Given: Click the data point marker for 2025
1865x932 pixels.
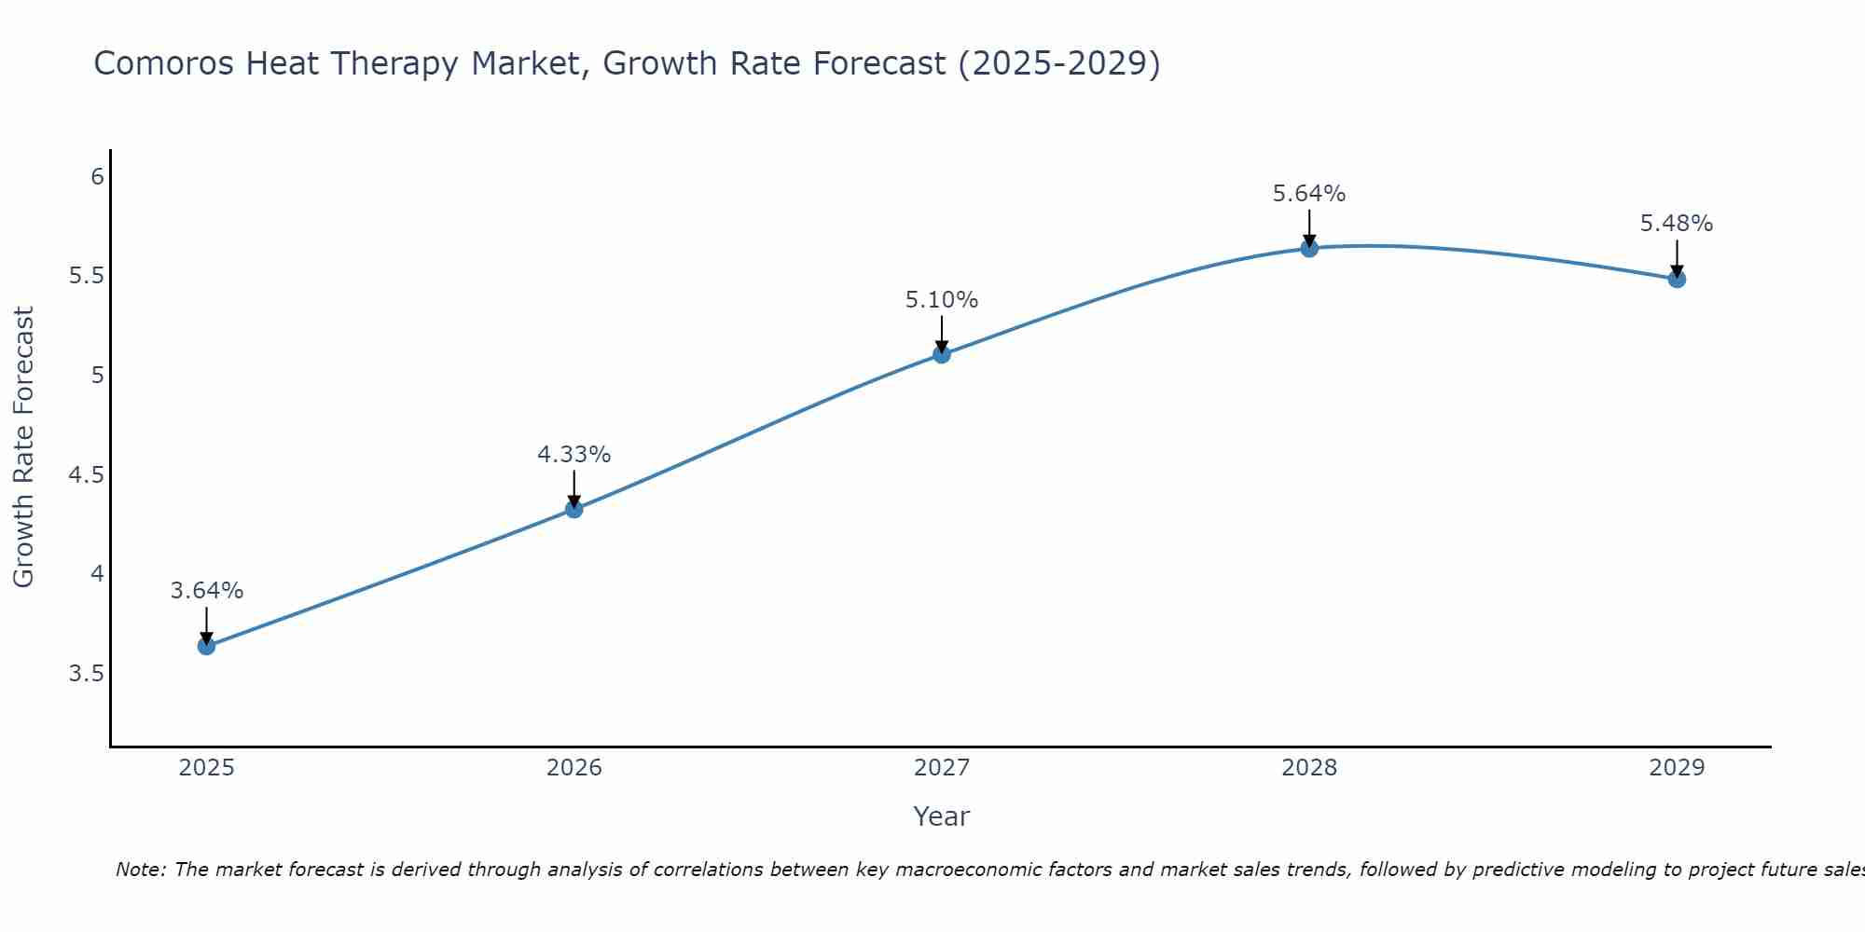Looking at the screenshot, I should tap(206, 646).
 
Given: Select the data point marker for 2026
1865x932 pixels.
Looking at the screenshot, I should tap(573, 509).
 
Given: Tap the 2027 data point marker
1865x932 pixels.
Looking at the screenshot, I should tap(941, 354).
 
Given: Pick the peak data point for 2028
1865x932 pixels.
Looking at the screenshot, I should tap(1308, 248).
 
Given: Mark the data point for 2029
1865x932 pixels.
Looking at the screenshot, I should tap(1676, 279).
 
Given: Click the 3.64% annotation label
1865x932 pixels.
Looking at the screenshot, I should tap(206, 591).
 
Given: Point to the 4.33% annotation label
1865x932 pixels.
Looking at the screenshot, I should tap(573, 455).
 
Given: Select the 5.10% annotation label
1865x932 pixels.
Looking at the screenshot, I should tap(941, 300).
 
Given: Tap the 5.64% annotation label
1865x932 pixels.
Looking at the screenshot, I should tap(1308, 194).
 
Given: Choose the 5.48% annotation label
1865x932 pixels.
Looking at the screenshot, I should tap(1676, 224).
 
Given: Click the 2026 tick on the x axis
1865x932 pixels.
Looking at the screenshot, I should tap(573, 768).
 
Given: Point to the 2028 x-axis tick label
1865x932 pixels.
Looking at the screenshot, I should tap(1308, 768).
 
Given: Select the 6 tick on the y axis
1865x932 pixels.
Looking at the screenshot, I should tap(97, 176).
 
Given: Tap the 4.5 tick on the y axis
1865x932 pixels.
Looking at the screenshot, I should tap(86, 475).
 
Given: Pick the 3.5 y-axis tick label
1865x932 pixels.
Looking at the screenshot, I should tap(86, 674).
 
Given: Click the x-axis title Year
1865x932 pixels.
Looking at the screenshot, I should tap(941, 816).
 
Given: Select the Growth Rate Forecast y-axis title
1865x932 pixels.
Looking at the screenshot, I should tap(23, 447).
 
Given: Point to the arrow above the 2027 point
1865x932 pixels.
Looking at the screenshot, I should tap(941, 334).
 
